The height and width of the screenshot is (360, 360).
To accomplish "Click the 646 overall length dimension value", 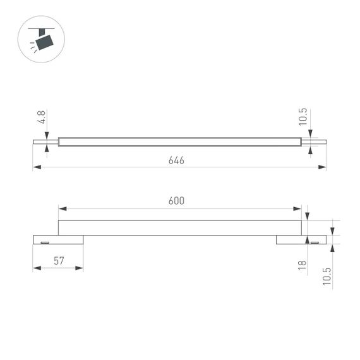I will (x=176, y=160).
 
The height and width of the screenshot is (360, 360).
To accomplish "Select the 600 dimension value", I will (x=176, y=201).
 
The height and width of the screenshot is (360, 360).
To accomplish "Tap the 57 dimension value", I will (x=57, y=260).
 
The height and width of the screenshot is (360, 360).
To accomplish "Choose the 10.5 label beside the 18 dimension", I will (x=327, y=277).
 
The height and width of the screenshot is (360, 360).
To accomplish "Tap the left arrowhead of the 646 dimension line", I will (x=36, y=167).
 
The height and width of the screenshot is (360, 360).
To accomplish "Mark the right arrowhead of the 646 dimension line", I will (x=323, y=167).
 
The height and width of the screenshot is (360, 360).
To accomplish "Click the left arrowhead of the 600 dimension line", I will (x=62, y=208).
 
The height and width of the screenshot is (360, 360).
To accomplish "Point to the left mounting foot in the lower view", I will (x=57, y=240).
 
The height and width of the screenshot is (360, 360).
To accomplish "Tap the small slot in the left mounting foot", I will (x=45, y=242).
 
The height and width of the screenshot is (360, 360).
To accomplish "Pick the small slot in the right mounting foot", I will (x=314, y=242).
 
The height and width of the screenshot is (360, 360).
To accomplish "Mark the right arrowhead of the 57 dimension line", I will (x=80, y=268).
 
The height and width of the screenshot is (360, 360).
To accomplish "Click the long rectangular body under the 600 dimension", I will (x=180, y=228).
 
